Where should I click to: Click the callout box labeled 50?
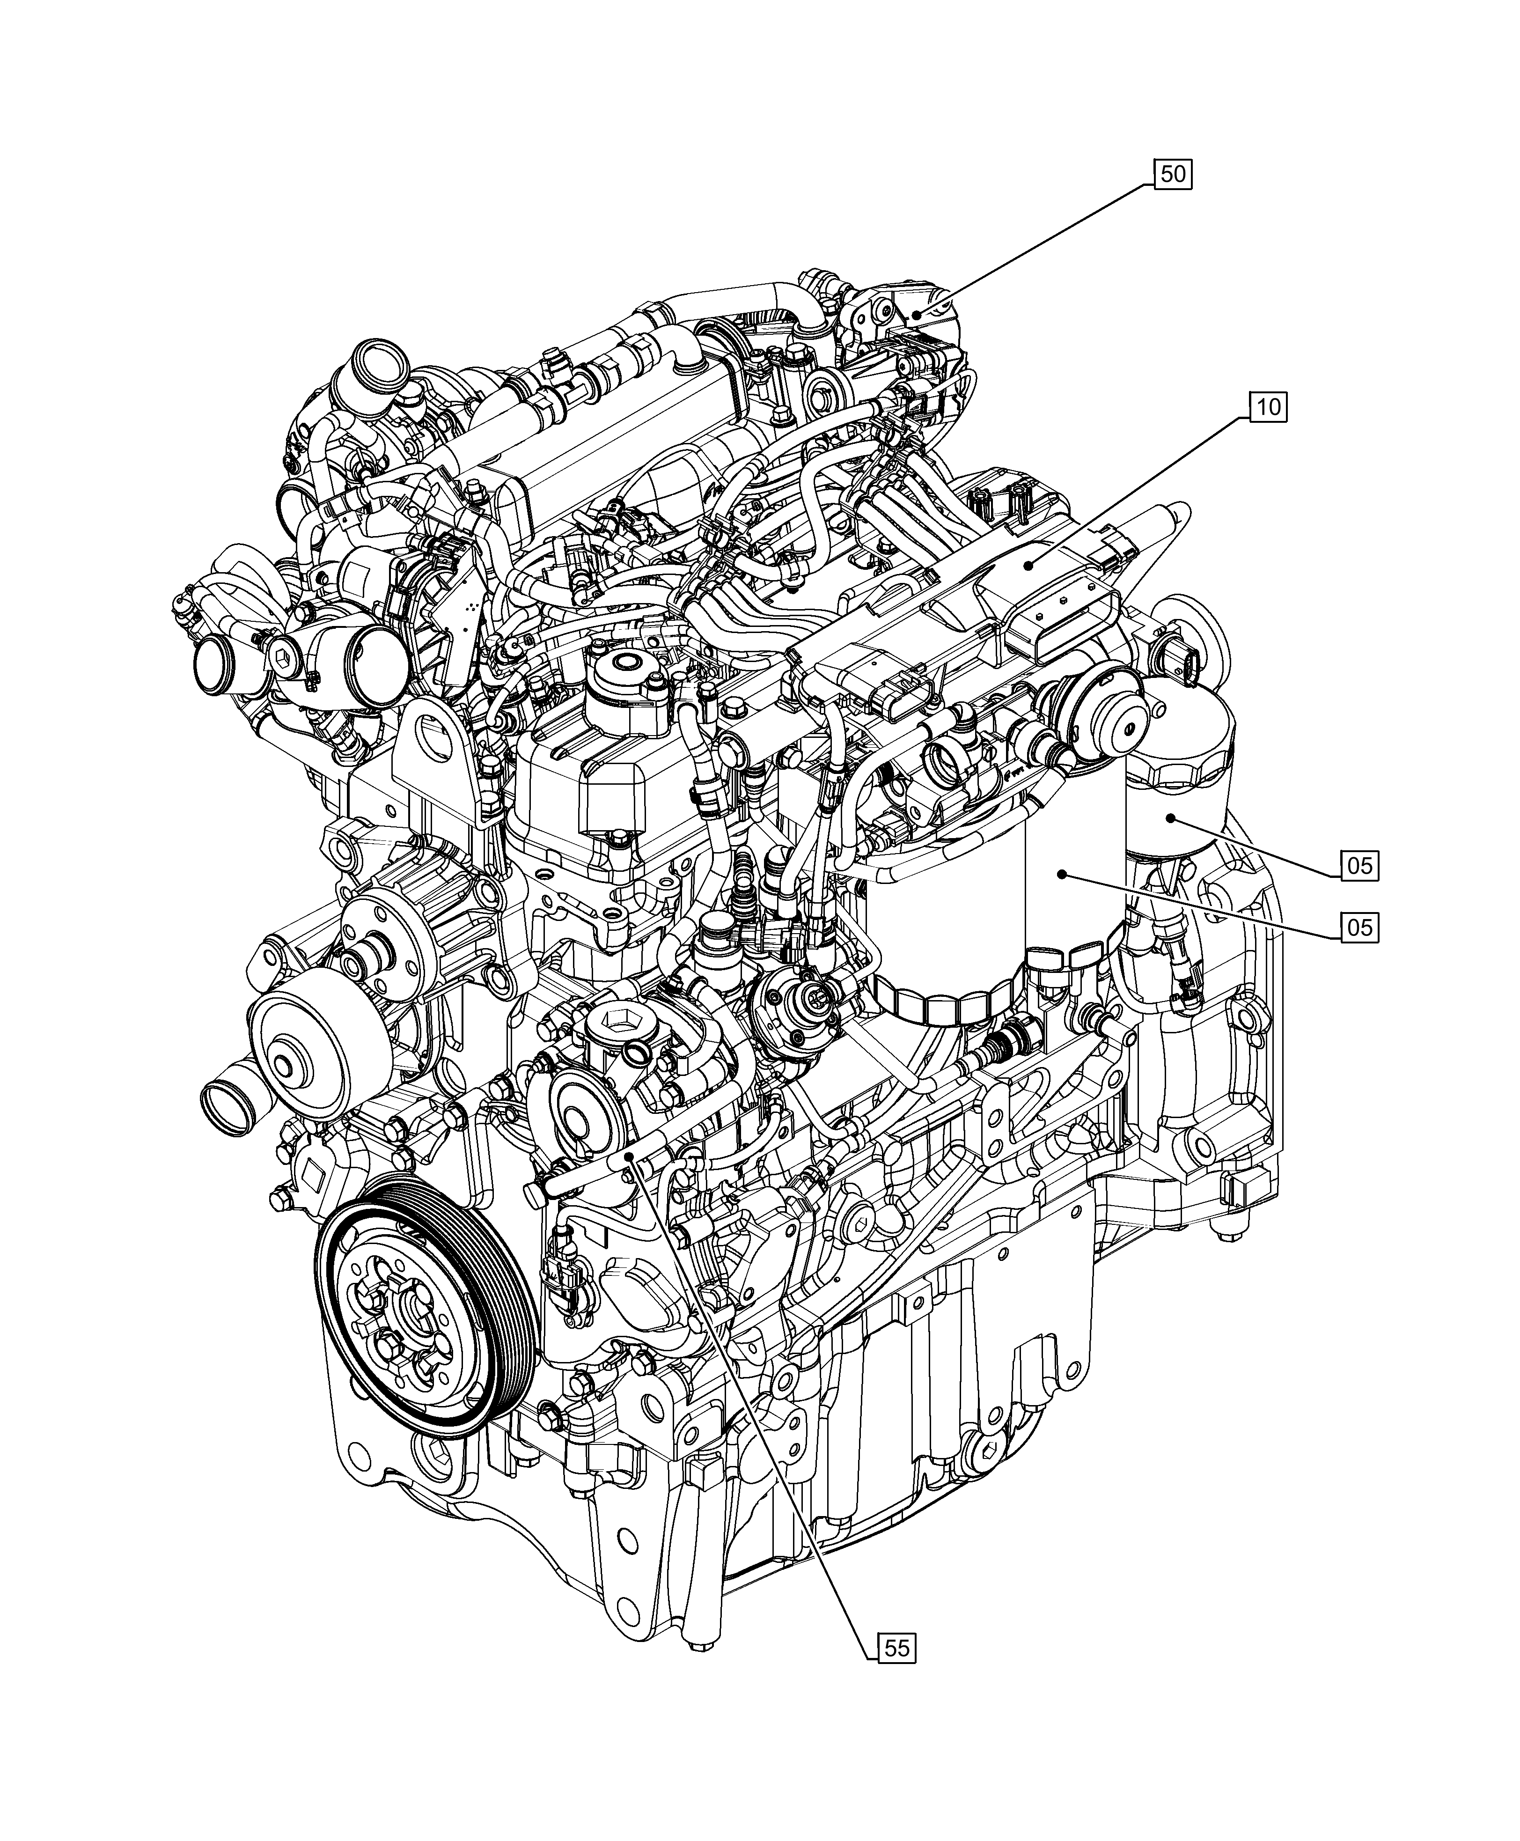[1172, 174]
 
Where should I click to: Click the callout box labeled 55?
[896, 1649]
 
